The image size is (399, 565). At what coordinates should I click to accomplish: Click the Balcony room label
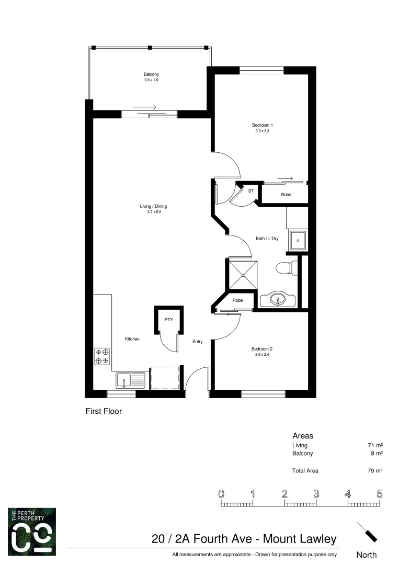click(151, 74)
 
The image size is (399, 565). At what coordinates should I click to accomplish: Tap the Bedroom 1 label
click(263, 125)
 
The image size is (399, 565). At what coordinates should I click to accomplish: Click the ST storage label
click(251, 191)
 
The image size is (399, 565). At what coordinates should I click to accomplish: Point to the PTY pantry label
click(169, 320)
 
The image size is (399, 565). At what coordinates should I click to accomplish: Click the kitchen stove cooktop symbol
click(101, 356)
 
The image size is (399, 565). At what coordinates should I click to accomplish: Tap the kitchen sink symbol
click(131, 380)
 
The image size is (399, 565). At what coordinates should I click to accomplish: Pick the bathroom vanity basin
click(277, 300)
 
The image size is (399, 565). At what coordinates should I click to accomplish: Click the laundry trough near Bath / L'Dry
click(298, 241)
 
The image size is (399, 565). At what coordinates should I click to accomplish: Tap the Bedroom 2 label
click(262, 349)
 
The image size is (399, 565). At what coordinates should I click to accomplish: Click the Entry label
click(197, 342)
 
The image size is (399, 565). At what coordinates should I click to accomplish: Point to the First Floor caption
click(104, 412)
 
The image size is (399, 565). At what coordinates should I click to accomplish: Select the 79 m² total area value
click(375, 471)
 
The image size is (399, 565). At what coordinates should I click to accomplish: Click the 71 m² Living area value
click(375, 445)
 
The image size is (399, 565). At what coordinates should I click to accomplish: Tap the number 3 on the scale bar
click(316, 494)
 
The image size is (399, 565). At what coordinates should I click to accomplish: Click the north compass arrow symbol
click(367, 533)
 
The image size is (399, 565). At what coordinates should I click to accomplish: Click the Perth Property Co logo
click(32, 532)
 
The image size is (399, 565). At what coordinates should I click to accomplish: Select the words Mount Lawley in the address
click(299, 539)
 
